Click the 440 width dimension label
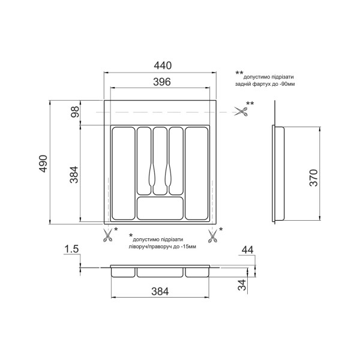point(163,65)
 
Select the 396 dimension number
point(162,82)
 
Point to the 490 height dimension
point(43,163)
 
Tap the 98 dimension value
point(75,112)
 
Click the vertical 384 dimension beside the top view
point(74,175)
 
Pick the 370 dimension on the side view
point(314,178)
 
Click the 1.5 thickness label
point(71,249)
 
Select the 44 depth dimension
point(247,250)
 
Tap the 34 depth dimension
point(242,285)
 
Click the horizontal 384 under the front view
point(160,292)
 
